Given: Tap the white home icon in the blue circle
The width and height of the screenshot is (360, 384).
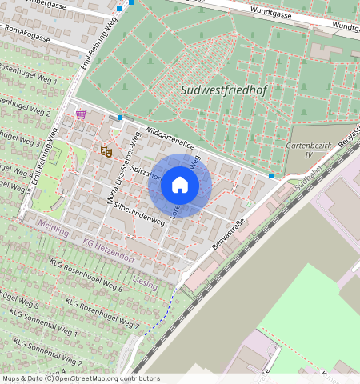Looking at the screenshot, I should tap(180, 186).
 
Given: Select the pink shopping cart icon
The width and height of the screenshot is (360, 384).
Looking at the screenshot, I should tap(81, 114).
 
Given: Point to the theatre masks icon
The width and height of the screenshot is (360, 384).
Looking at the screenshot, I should tap(106, 150).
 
